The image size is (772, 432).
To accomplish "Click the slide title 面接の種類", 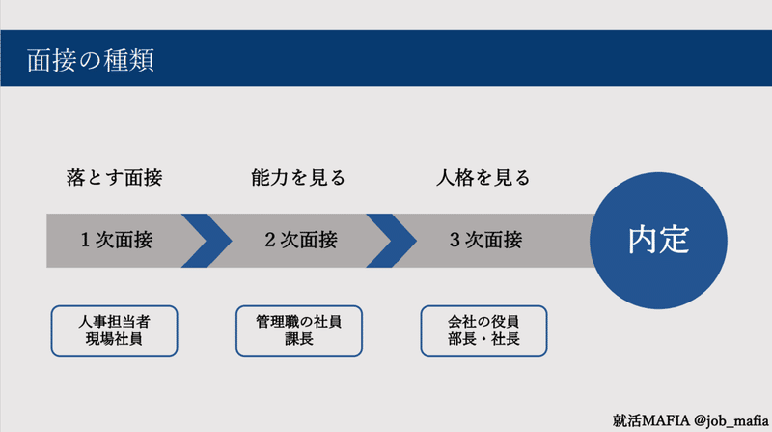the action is (x=92, y=60).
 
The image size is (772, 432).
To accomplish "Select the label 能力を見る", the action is (x=297, y=179).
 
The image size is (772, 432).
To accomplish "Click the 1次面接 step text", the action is (x=117, y=240).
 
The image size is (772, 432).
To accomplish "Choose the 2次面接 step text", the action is (x=301, y=240).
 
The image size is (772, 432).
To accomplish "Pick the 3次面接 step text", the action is (x=485, y=240).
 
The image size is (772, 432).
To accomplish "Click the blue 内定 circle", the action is (x=658, y=240).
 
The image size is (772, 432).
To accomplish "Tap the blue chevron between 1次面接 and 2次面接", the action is (x=206, y=240).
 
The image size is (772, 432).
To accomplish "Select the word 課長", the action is (x=299, y=340).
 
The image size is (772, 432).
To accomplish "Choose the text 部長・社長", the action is (x=483, y=340).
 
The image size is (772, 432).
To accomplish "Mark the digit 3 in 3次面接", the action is (x=455, y=240).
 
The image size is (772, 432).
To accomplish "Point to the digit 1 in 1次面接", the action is (x=86, y=240).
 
